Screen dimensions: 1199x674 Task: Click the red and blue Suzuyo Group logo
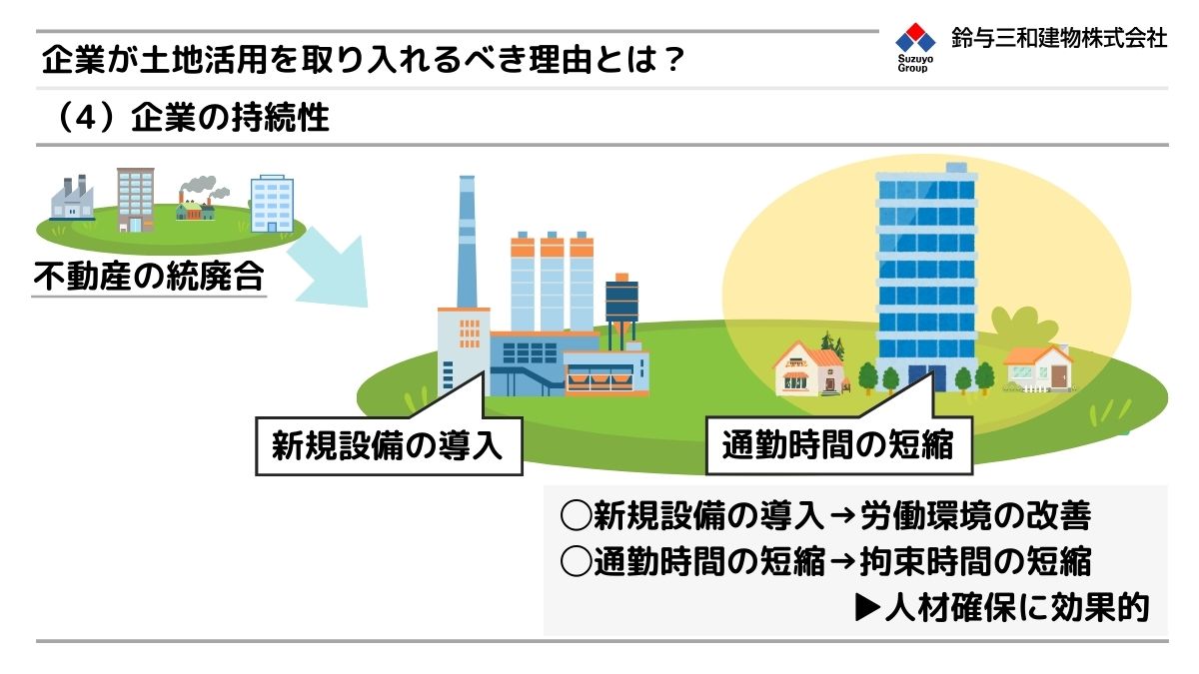pos(915,47)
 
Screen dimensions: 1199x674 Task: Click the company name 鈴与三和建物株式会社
pos(1059,38)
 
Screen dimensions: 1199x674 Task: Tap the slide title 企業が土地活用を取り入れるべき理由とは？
pos(364,59)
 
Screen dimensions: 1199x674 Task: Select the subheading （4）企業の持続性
pos(191,118)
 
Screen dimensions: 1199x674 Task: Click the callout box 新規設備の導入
pos(389,445)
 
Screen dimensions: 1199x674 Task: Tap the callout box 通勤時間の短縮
pos(838,445)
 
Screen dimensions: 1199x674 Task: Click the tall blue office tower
pos(926,278)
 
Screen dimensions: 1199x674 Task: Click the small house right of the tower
pos(1038,369)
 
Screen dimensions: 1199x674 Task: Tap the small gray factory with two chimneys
pos(72,198)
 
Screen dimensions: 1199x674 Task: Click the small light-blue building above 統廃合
pos(272,204)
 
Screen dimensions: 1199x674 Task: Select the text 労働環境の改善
pos(976,516)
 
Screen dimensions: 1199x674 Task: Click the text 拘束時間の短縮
pos(976,561)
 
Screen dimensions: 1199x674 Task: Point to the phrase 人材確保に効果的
pos(1017,607)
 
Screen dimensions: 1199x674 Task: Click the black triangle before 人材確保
pos(867,608)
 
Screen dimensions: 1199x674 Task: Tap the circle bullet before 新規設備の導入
pos(576,516)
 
